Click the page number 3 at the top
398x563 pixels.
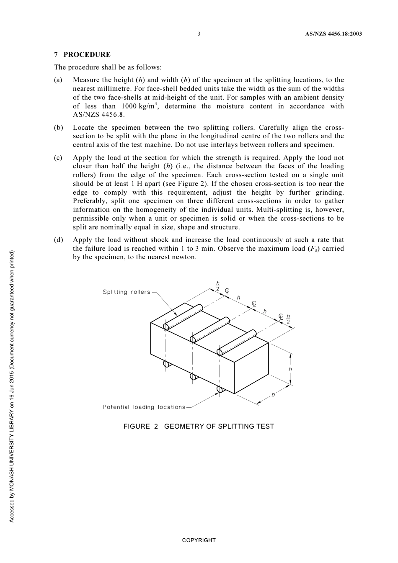click(199, 34)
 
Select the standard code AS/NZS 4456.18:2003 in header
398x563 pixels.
click(333, 34)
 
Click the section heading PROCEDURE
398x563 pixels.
click(87, 54)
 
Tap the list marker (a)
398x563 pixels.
click(58, 80)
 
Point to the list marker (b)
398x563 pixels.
click(58, 128)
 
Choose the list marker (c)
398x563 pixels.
click(58, 158)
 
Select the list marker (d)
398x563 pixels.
click(58, 240)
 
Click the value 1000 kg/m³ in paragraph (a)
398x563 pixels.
click(140, 106)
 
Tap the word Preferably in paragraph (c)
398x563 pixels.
click(89, 201)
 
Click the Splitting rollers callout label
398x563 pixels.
click(126, 292)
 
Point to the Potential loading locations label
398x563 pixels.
click(144, 407)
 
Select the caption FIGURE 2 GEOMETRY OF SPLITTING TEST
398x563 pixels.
click(199, 427)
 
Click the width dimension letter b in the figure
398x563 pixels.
click(273, 394)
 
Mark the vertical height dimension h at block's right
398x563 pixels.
click(290, 369)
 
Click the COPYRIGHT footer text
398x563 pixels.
click(199, 540)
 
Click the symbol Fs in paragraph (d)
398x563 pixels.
click(313, 249)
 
